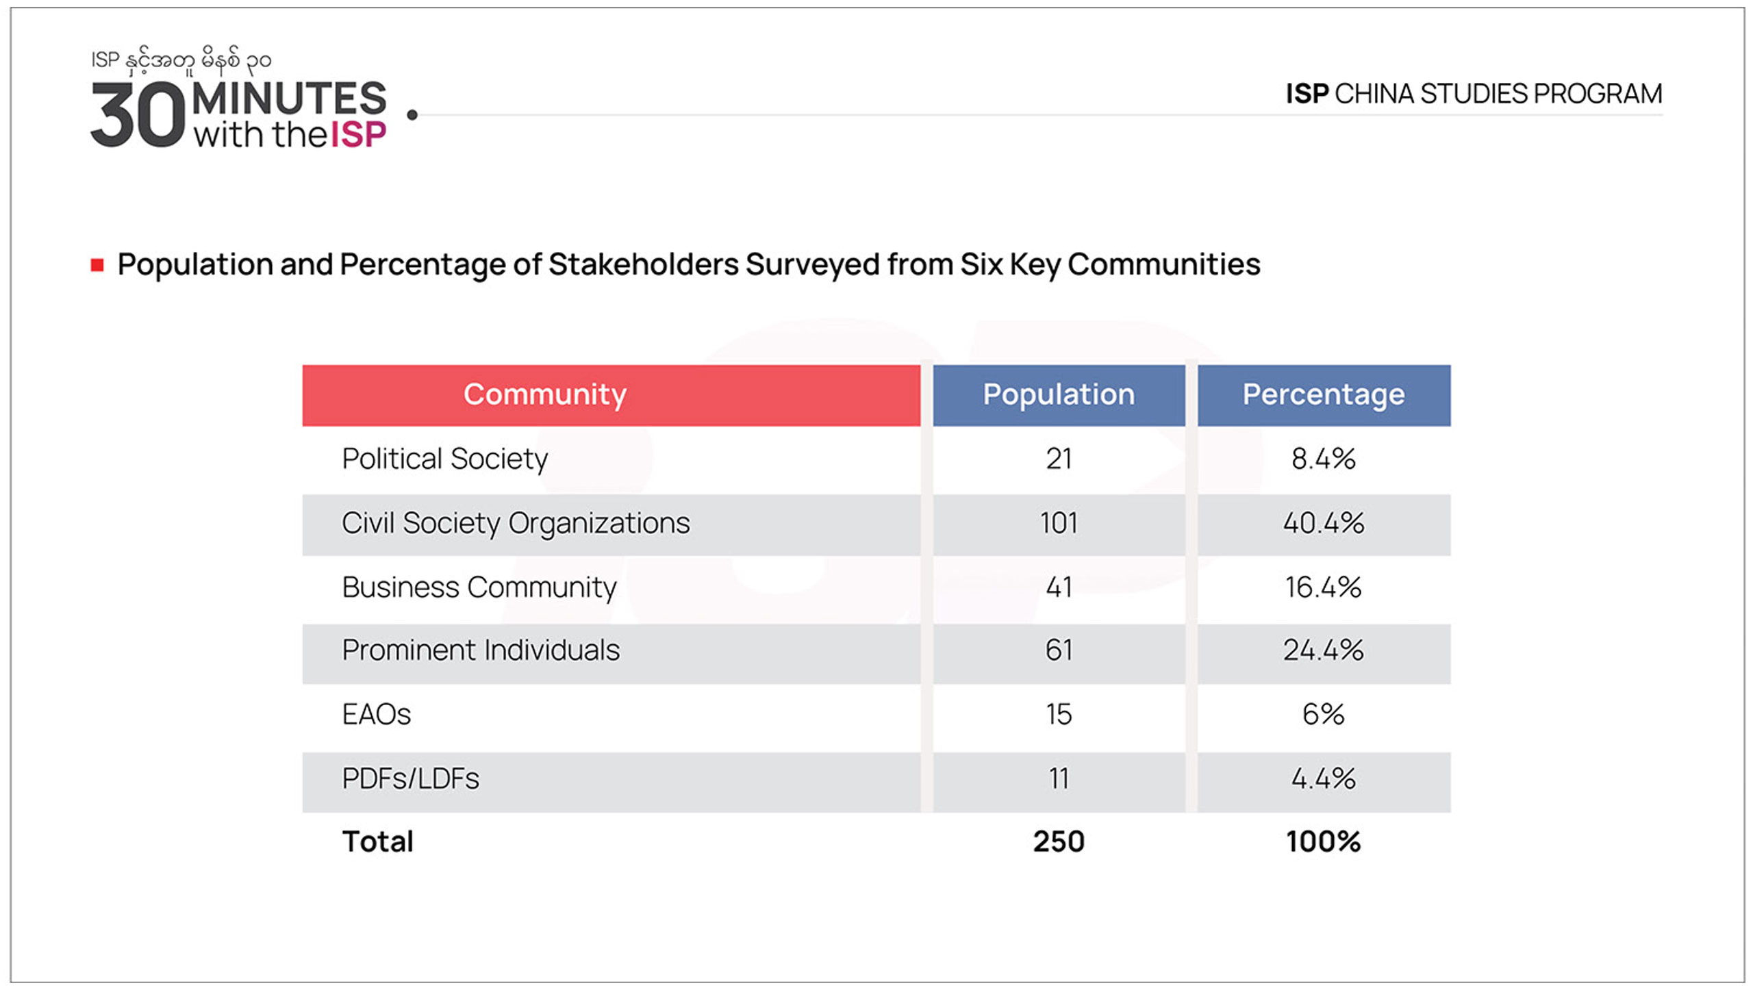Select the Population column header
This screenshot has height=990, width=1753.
coord(1059,395)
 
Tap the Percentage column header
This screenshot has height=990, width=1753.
coord(1323,395)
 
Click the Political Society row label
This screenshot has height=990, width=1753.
coord(445,459)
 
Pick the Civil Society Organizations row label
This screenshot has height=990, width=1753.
coord(516,524)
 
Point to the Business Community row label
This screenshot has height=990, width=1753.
coord(479,587)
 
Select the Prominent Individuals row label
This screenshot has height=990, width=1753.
coord(481,650)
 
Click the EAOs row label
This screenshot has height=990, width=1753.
coord(377,715)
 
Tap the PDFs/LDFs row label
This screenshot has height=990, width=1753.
coord(411,779)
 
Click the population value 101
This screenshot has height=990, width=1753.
coord(1059,524)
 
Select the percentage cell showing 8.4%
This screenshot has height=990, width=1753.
coord(1323,459)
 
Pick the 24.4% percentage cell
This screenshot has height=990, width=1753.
coord(1323,650)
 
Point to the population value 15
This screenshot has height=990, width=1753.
coord(1059,715)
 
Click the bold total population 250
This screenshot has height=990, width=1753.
coord(1059,842)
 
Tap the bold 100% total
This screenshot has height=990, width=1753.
coord(1323,842)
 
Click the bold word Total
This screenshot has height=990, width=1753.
coord(378,842)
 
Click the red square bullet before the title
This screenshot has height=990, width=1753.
coord(97,265)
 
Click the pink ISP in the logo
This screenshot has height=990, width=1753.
coord(358,134)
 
